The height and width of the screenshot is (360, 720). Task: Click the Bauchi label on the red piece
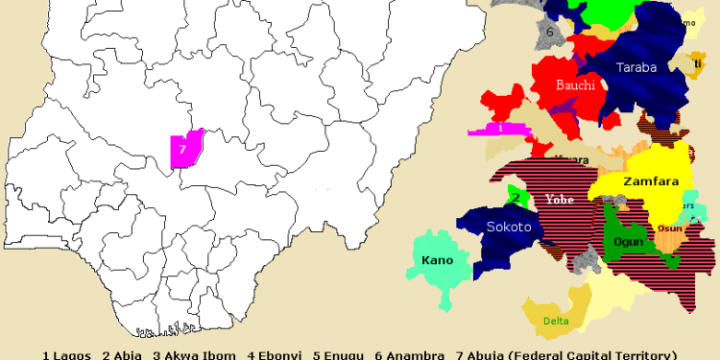coord(576,85)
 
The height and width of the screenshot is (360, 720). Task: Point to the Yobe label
coord(560,200)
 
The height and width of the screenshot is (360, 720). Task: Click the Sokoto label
coord(509,228)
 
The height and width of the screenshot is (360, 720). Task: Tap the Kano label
coord(438,260)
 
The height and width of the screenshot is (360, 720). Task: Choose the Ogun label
coord(629,241)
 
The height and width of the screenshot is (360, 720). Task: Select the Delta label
coord(556,321)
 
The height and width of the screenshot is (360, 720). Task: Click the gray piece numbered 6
coord(550,32)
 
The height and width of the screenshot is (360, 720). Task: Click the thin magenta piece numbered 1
coord(500,128)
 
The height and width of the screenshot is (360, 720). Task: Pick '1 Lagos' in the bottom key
coord(67,354)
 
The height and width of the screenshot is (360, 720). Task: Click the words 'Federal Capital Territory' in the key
coord(595,354)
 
